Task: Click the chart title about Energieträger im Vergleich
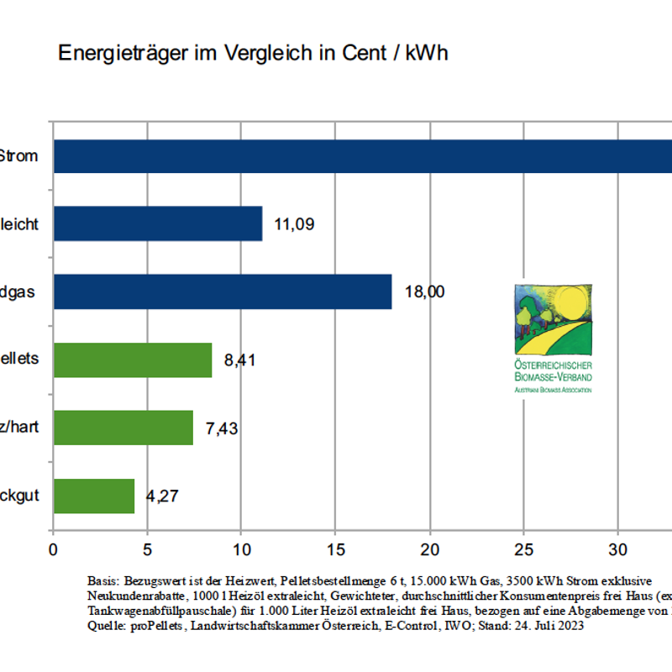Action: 253,53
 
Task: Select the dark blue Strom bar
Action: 361,155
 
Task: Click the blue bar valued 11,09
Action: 158,223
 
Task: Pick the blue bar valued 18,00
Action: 223,291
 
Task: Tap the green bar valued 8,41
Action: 133,360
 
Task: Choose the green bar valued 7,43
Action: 123,428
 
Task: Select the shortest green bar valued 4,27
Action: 94,496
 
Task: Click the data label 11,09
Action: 294,224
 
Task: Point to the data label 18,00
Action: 424,292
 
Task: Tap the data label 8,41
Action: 239,361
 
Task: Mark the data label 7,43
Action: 222,428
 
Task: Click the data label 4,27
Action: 163,496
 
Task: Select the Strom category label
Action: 18,155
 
